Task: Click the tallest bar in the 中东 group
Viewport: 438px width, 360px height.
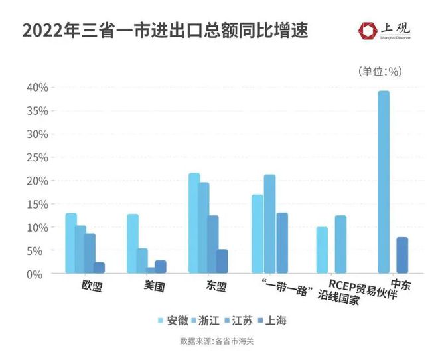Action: pos(384,182)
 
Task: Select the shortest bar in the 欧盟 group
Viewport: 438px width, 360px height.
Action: pos(100,268)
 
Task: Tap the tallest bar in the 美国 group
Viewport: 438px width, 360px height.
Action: pos(133,243)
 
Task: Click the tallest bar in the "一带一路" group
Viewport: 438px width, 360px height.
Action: pos(269,224)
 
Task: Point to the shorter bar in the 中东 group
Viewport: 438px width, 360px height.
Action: pos(402,255)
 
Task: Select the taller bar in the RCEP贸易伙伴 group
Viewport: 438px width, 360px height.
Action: pos(340,244)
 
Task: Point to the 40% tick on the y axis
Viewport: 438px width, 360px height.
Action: pos(36,87)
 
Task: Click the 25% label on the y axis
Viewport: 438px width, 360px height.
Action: pos(36,157)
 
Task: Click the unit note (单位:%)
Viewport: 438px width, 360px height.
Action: pos(380,71)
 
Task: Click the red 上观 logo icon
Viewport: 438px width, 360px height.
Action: pos(366,30)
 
